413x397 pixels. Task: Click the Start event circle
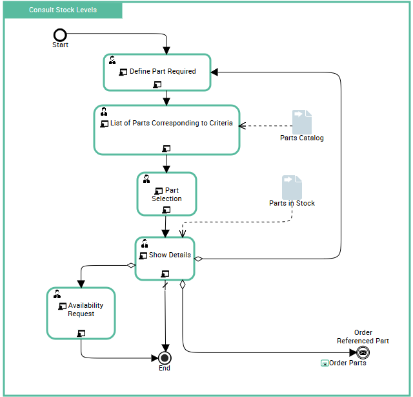(60, 35)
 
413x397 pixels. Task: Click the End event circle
(165, 358)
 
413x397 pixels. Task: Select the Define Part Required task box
(157, 72)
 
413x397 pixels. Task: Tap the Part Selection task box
(166, 194)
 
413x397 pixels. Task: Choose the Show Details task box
(165, 259)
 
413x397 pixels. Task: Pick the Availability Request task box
(81, 313)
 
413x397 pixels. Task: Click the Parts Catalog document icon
(302, 122)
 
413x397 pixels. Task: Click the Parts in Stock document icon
(292, 187)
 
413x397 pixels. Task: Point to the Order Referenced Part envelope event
(363, 352)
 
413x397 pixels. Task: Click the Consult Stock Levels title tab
(63, 10)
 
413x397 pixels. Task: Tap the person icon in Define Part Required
(112, 60)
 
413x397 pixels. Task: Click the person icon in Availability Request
(57, 294)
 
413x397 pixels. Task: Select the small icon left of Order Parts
(325, 363)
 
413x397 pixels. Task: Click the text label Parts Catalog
(302, 138)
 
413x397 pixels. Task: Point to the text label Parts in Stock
(292, 203)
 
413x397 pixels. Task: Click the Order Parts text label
(348, 363)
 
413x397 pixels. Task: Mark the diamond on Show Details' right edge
(198, 259)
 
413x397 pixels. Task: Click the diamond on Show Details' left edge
(131, 265)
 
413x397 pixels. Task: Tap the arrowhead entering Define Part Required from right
(215, 72)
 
